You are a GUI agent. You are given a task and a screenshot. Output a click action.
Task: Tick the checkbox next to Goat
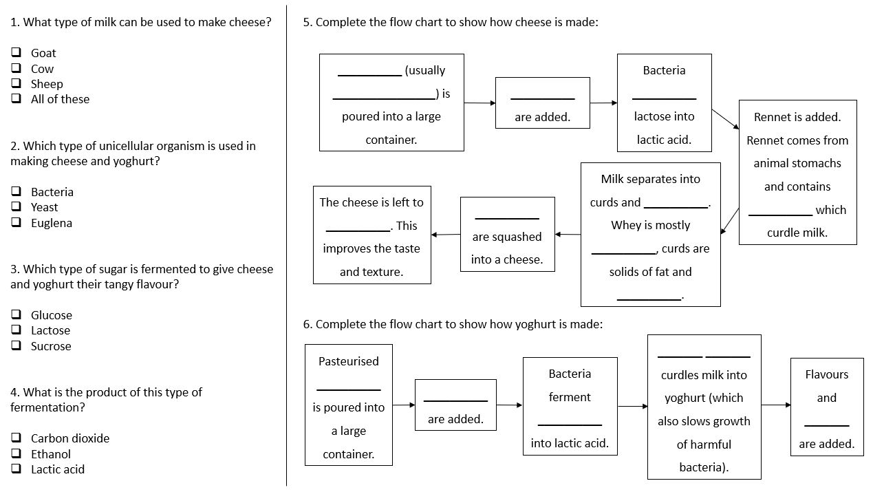(16, 53)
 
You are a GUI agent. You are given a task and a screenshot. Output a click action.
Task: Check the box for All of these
(16, 99)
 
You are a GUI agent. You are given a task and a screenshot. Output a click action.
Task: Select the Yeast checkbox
(16, 207)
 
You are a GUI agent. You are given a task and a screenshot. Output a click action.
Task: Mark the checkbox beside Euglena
(16, 223)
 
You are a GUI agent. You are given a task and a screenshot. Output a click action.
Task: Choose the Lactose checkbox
(16, 330)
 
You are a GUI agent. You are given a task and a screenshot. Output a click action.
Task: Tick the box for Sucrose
(16, 346)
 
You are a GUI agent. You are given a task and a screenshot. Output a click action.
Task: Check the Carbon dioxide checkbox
(16, 438)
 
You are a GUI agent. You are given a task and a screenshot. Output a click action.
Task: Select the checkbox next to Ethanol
(16, 454)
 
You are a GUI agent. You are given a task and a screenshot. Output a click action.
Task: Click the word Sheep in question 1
(47, 84)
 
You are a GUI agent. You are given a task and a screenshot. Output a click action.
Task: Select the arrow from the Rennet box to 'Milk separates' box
(729, 221)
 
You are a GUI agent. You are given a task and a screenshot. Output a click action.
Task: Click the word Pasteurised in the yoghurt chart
(348, 361)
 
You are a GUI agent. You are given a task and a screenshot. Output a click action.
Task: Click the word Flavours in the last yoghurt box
(826, 374)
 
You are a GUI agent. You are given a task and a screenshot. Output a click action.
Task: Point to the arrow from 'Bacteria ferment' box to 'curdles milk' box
(632, 407)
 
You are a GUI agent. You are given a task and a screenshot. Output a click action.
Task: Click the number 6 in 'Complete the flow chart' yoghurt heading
(307, 324)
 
